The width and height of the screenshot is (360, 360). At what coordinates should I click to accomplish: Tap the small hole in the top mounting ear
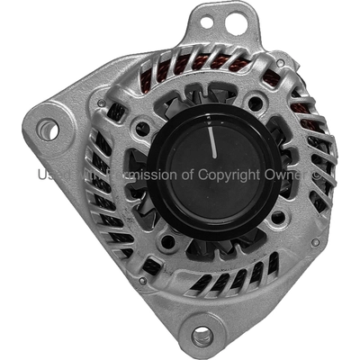[206, 19]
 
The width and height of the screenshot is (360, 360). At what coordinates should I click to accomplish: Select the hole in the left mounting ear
[48, 130]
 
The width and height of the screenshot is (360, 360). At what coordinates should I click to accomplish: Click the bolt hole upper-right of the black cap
[256, 103]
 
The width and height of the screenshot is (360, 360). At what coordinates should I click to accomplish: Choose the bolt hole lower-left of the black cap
[166, 242]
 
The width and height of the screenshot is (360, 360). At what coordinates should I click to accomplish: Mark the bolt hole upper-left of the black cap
[142, 129]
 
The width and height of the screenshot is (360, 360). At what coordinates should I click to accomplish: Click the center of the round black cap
[212, 173]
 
